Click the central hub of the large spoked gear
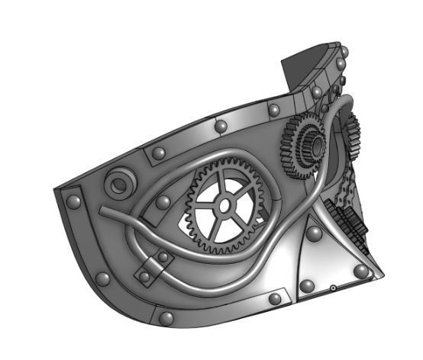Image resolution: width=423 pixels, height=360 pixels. [x=224, y=205]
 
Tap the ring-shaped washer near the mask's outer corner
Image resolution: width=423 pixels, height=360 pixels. [x=120, y=184]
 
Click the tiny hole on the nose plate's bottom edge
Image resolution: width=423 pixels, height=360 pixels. [x=333, y=288]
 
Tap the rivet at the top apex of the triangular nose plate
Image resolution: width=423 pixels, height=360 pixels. [x=313, y=230]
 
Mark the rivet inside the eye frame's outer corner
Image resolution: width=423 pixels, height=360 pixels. [x=162, y=202]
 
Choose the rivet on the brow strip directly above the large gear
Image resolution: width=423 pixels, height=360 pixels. [x=221, y=125]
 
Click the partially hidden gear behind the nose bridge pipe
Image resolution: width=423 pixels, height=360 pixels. [x=351, y=133]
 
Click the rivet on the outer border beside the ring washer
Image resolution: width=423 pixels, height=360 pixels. [x=74, y=202]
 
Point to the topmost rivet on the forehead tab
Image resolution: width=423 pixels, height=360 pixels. [x=337, y=55]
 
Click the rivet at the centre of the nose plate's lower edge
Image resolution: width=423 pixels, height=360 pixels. [x=306, y=285]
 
